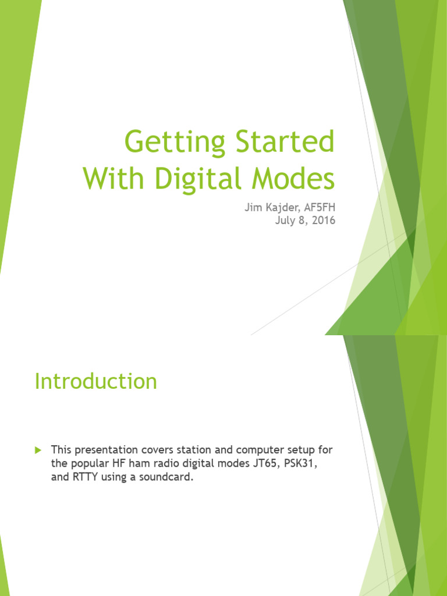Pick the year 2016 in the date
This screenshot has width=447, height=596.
pyautogui.click(x=324, y=221)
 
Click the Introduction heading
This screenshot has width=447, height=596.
pyautogui.click(x=96, y=381)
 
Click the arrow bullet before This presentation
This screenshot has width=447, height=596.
pyautogui.click(x=38, y=450)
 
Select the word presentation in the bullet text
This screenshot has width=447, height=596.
pyautogui.click(x=105, y=450)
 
